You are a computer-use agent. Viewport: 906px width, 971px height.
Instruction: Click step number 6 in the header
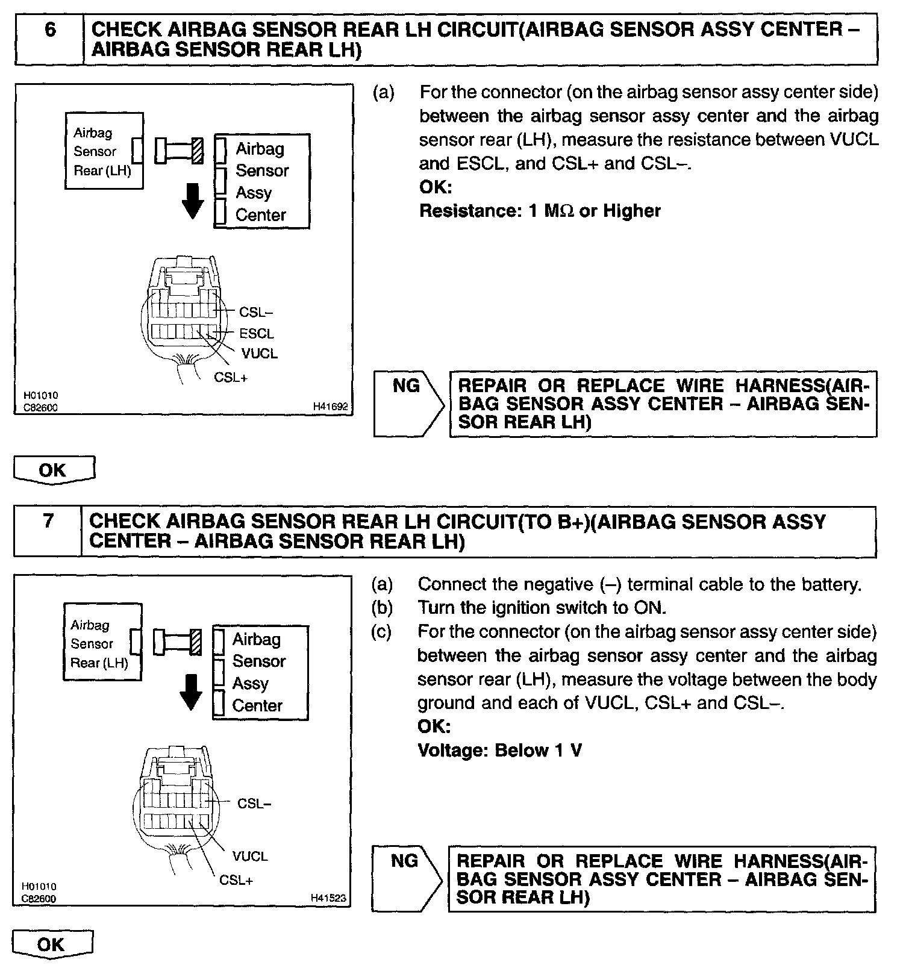point(50,30)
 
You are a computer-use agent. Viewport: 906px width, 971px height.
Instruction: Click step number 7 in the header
point(48,521)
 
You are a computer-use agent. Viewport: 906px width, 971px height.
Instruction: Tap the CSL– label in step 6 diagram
point(256,312)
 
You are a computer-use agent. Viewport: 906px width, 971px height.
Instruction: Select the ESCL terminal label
point(256,333)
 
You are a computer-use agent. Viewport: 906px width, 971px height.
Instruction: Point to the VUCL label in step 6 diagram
point(260,354)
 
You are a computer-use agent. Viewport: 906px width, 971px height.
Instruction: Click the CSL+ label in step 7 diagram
point(236,880)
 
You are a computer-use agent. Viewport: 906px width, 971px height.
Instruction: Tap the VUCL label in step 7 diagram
point(249,856)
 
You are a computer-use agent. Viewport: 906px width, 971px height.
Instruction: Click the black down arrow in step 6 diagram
point(193,201)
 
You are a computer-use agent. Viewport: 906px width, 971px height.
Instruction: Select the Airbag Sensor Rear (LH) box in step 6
point(104,151)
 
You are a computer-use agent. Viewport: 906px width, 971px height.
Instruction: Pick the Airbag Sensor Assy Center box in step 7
point(260,672)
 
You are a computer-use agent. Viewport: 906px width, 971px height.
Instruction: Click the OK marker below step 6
point(54,470)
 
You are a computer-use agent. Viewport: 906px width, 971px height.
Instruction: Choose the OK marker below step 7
point(52,944)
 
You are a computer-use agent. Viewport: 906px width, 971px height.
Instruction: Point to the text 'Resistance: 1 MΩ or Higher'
point(539,211)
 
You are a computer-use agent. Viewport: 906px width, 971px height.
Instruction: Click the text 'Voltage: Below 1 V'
point(499,751)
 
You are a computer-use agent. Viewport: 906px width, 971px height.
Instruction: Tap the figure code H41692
point(330,407)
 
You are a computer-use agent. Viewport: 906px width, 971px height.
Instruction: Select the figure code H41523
point(328,898)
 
